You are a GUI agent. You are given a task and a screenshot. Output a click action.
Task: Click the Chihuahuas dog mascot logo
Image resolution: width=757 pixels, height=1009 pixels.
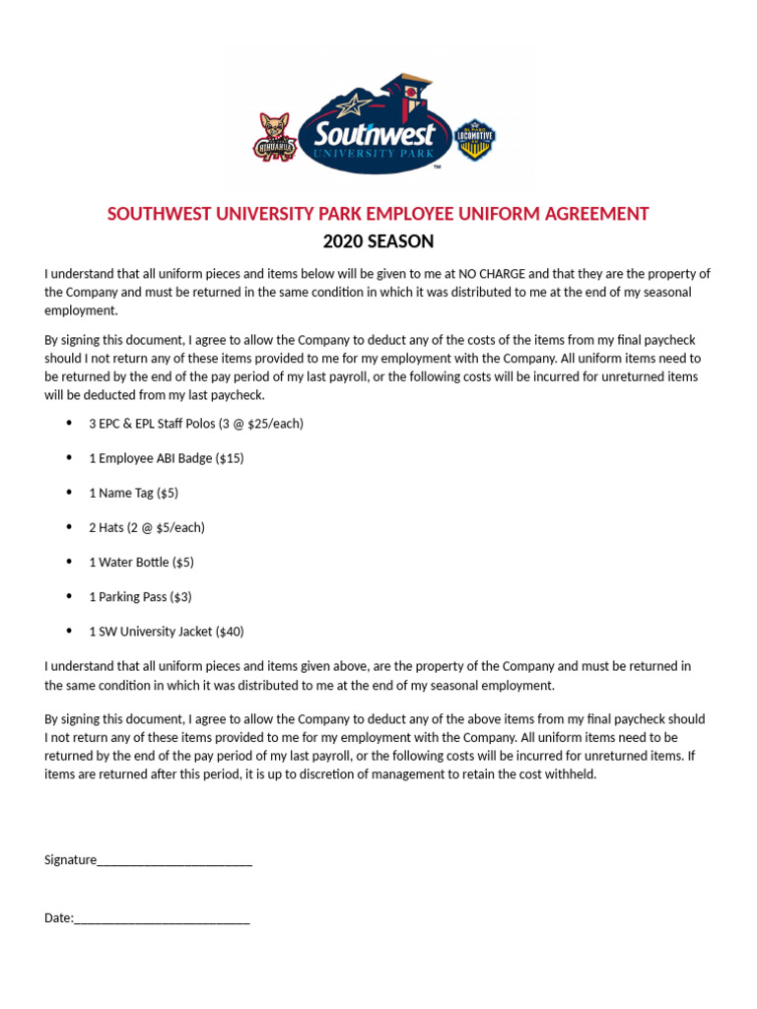(x=276, y=137)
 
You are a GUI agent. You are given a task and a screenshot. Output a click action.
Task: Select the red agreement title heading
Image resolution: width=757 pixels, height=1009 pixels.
(x=378, y=214)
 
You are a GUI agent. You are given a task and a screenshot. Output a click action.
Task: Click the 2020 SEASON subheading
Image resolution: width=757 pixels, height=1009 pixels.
(x=378, y=241)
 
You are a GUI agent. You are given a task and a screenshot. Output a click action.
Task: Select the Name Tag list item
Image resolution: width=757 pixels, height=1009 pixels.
(x=133, y=493)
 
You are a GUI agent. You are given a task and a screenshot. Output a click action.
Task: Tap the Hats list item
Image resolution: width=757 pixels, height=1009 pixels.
(x=147, y=527)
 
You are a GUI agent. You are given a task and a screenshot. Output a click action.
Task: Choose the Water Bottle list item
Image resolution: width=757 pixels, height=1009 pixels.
(x=141, y=562)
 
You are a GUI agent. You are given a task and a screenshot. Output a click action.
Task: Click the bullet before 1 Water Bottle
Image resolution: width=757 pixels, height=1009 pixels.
(x=69, y=562)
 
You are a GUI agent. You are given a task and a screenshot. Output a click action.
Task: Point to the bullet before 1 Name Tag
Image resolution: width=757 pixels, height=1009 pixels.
(x=69, y=493)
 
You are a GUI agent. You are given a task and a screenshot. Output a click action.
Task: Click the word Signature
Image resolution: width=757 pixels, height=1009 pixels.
(x=70, y=859)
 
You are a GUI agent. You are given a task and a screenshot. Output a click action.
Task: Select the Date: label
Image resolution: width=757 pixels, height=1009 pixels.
(x=59, y=917)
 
